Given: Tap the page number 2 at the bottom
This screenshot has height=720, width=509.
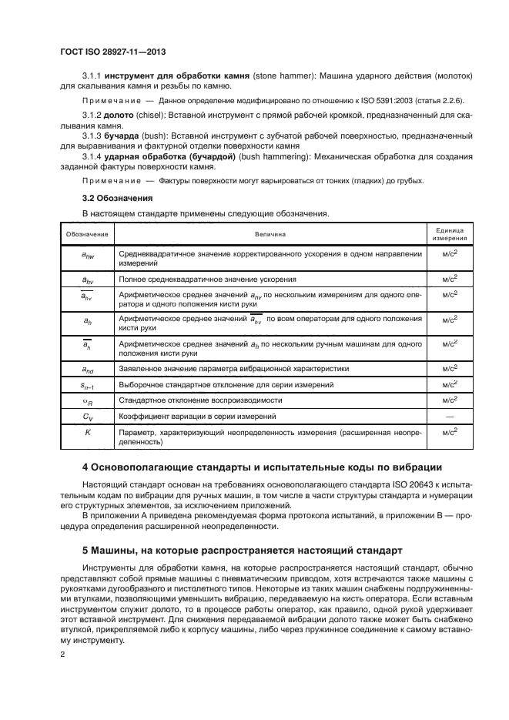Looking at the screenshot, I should [62, 654].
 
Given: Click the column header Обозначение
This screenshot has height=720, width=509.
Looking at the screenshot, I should [87, 233].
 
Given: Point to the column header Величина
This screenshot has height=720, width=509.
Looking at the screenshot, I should [270, 233].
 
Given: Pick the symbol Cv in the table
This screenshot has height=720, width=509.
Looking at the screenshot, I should [87, 417].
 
